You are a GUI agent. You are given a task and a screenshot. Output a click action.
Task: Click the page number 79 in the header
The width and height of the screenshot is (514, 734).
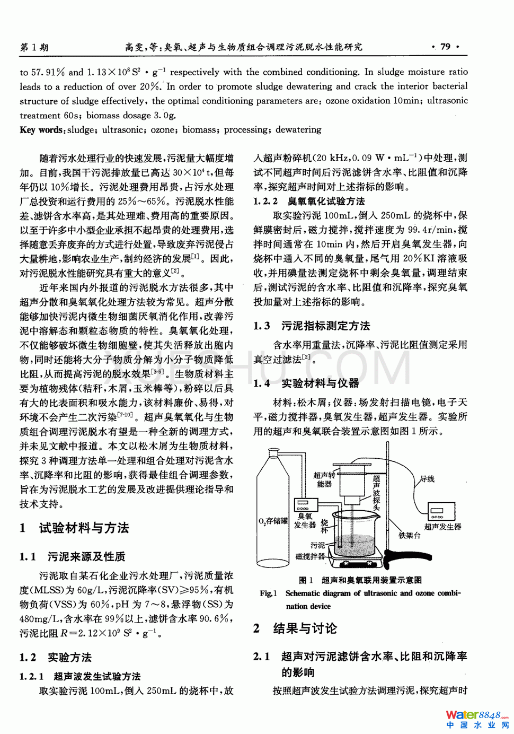pyautogui.click(x=445, y=47)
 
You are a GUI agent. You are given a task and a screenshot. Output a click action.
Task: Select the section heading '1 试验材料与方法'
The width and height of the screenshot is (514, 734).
pyautogui.click(x=74, y=528)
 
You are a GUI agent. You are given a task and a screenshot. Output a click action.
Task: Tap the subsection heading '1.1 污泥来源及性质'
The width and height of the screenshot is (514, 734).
pyautogui.click(x=73, y=557)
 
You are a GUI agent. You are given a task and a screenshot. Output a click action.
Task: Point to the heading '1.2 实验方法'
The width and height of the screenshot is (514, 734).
pyautogui.click(x=56, y=658)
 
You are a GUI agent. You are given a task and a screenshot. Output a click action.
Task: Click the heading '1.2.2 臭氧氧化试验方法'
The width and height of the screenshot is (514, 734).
pyautogui.click(x=309, y=202)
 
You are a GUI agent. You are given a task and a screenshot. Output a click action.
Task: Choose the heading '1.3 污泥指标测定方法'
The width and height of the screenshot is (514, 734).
pyautogui.click(x=312, y=326)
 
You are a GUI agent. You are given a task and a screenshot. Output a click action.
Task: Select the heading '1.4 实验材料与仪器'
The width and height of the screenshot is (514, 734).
pyautogui.click(x=306, y=383)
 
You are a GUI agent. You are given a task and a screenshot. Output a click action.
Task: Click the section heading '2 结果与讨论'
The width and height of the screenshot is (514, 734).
pyautogui.click(x=295, y=629)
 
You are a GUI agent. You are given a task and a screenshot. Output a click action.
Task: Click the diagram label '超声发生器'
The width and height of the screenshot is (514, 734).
pyautogui.click(x=442, y=527)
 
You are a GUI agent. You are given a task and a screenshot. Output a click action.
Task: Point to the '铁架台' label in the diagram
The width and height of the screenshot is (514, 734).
pyautogui.click(x=410, y=536)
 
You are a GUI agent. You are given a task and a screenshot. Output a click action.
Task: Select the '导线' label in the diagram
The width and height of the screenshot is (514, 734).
pyautogui.click(x=427, y=479)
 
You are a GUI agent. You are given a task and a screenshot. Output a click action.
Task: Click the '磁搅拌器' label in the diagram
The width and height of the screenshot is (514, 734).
pyautogui.click(x=310, y=556)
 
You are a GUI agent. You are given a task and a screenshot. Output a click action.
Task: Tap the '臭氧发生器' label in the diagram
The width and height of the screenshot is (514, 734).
pyautogui.click(x=305, y=520)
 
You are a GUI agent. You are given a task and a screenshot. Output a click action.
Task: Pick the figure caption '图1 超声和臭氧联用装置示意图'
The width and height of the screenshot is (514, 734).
pyautogui.click(x=360, y=580)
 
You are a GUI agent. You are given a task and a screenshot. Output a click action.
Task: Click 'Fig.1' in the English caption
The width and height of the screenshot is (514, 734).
pyautogui.click(x=268, y=593)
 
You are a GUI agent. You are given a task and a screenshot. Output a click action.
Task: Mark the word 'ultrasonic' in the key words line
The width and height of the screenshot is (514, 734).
pyautogui.click(x=123, y=130)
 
